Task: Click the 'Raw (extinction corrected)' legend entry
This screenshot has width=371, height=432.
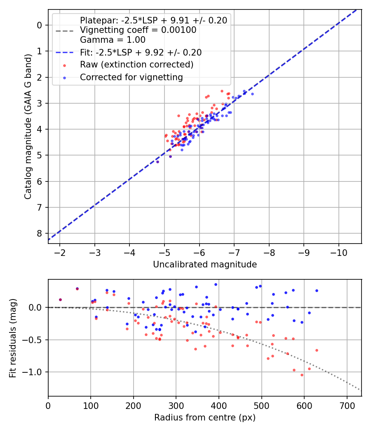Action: (136, 65)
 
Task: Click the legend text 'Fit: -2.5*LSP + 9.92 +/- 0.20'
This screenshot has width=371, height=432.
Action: (141, 52)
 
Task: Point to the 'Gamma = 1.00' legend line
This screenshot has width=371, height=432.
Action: (113, 40)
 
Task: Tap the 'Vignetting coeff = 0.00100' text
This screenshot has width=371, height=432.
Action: (138, 30)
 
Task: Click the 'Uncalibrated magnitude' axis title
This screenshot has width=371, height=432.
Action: (205, 265)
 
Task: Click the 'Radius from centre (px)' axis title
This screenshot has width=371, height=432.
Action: (205, 418)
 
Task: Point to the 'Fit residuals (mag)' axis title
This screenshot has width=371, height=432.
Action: (13, 338)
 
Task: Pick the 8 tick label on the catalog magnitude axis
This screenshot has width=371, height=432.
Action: (40, 233)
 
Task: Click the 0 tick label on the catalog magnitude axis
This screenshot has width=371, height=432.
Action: (40, 25)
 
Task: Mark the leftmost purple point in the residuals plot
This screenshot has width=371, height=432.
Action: (60, 300)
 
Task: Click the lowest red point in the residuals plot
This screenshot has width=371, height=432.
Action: (302, 375)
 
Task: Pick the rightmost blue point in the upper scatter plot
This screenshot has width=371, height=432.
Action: (252, 94)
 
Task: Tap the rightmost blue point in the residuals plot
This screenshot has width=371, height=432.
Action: (317, 290)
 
